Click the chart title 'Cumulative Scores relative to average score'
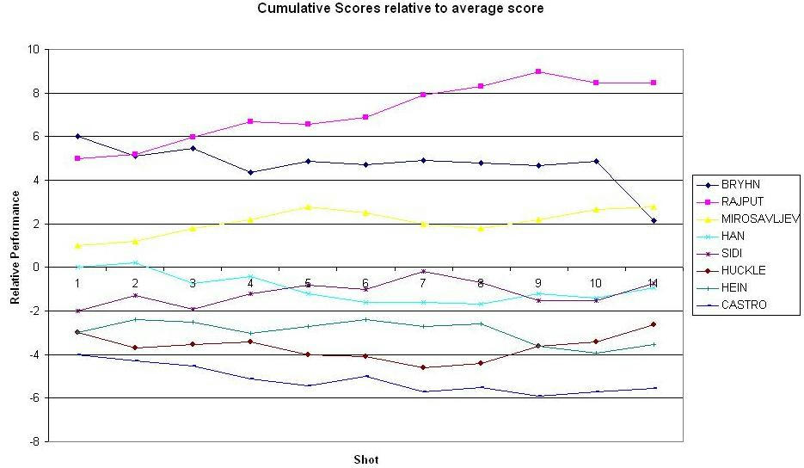coord(401,9)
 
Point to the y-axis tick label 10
coord(35,50)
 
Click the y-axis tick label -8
coord(35,442)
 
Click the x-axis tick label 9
coord(538,283)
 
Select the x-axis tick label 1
coord(77,283)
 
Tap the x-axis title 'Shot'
coord(365,459)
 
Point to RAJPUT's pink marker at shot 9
coord(538,71)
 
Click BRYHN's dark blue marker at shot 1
coord(77,137)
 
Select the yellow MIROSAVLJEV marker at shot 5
coord(308,206)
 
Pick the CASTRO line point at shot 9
coord(538,396)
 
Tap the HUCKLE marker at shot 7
coord(423,367)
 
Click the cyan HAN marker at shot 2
coord(135,262)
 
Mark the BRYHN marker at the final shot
coord(654,221)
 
